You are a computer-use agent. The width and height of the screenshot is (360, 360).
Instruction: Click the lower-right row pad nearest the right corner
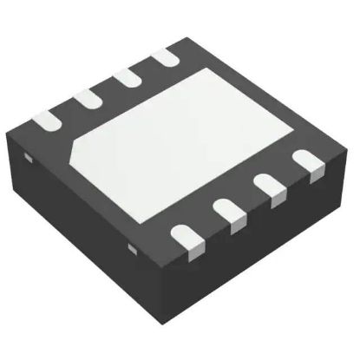304,163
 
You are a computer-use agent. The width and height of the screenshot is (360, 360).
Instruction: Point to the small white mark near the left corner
27,159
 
